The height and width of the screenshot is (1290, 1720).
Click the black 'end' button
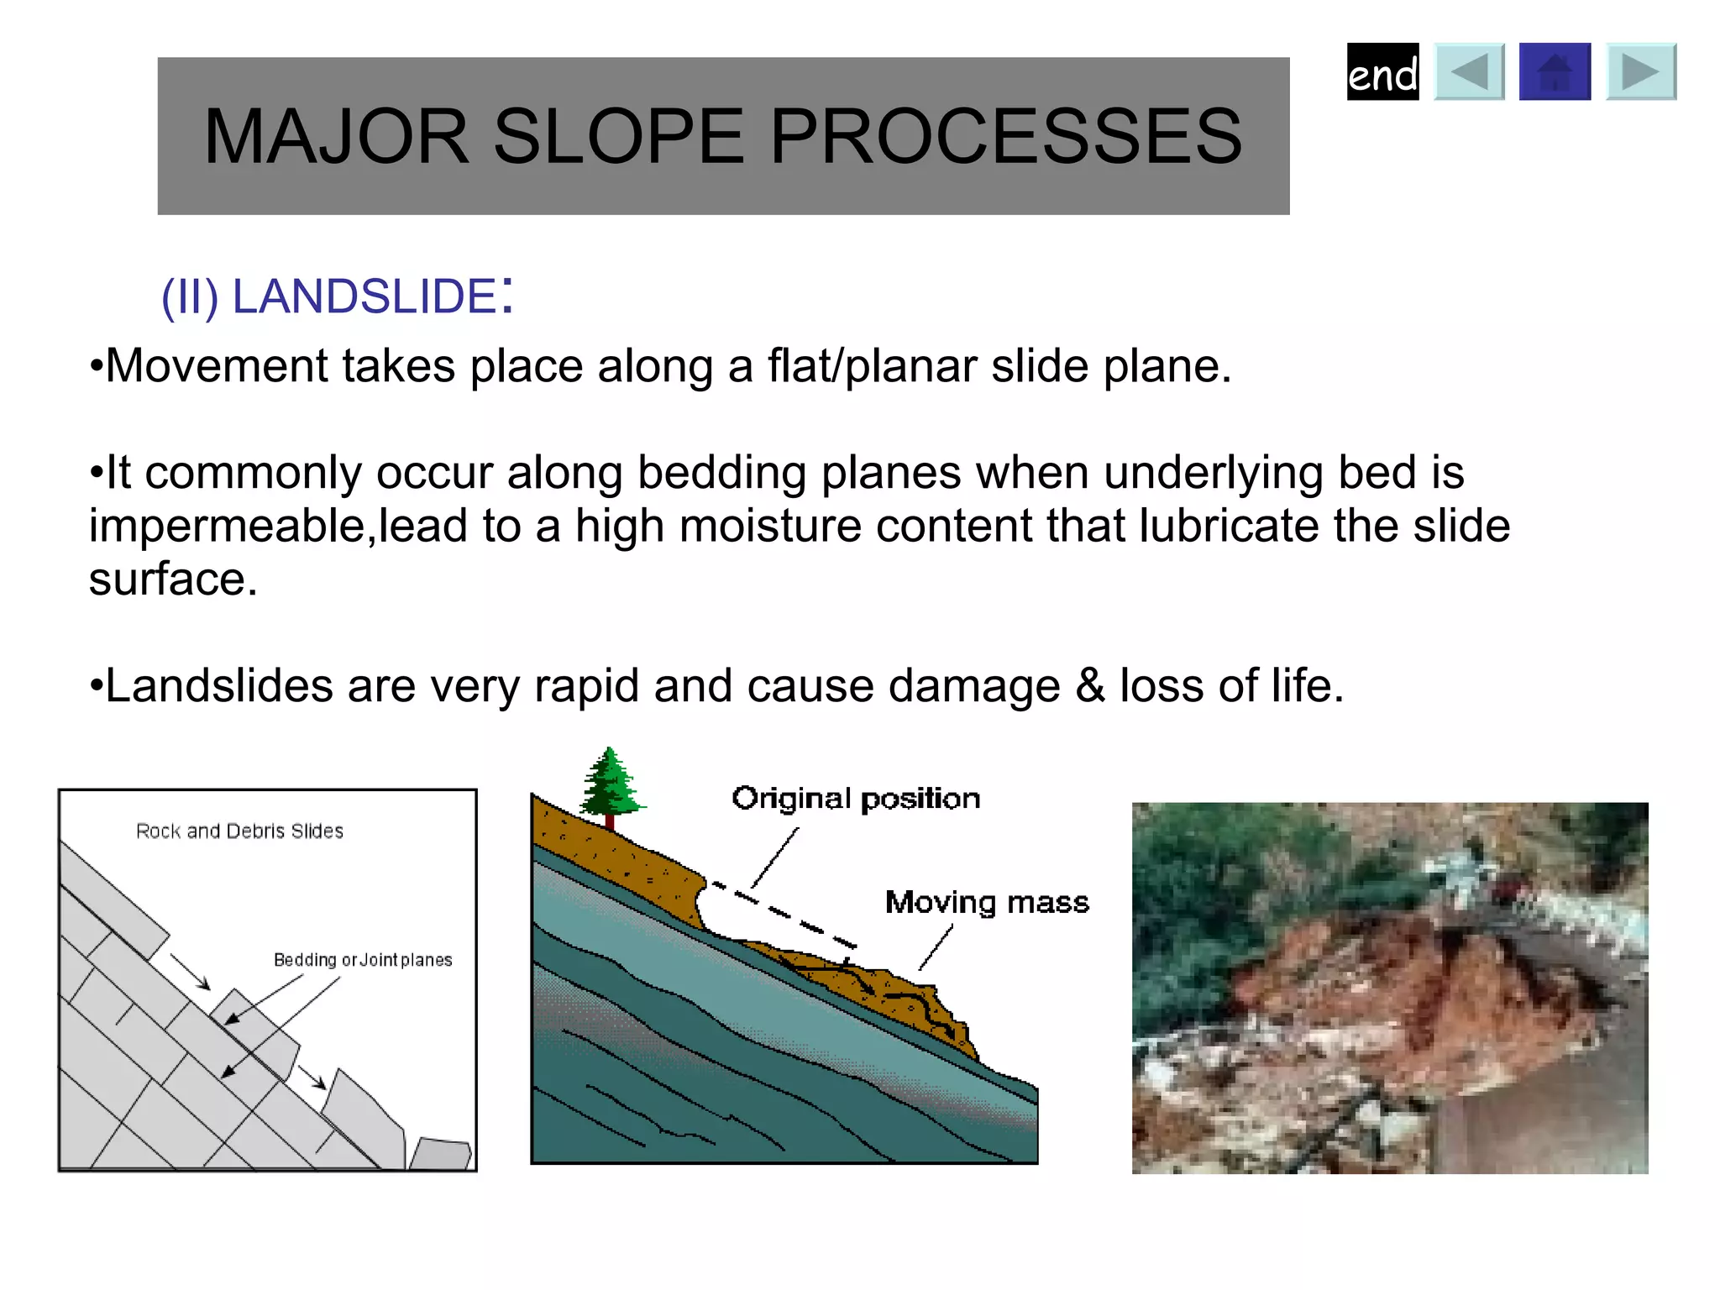click(1382, 72)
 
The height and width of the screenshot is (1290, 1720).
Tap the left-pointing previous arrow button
click(1469, 72)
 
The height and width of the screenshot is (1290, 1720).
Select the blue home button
click(1555, 72)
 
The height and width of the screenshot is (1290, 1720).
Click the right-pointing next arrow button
click(1641, 72)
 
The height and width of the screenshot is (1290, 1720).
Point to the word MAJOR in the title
click(336, 136)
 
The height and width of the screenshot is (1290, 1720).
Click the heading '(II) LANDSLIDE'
click(336, 296)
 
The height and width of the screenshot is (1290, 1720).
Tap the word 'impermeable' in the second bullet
click(227, 527)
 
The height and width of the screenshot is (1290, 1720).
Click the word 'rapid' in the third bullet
click(586, 685)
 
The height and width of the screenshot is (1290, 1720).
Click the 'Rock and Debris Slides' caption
click(239, 831)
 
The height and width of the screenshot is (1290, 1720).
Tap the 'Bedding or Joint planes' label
click(363, 960)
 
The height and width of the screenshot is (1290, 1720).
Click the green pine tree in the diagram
click(611, 783)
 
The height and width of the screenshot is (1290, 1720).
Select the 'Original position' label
click(855, 798)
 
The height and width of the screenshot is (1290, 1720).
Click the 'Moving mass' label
click(987, 902)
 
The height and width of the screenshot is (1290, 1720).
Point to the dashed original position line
click(785, 914)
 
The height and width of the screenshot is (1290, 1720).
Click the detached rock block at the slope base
click(441, 1155)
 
